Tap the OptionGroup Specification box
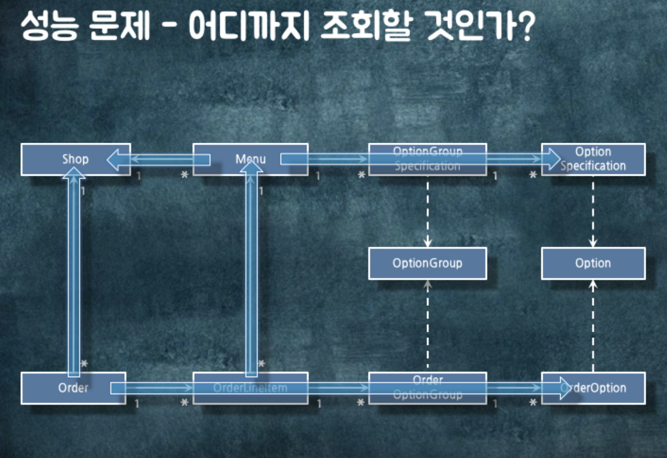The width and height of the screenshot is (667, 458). click(427, 159)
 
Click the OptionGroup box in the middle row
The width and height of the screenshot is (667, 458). click(427, 263)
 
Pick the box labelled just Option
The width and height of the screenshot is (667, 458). click(593, 263)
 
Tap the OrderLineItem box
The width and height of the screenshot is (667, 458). click(250, 388)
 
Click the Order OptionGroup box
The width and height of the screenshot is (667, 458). click(427, 388)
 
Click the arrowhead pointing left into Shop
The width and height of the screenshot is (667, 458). click(114, 159)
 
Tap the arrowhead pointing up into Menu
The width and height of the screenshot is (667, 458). click(251, 166)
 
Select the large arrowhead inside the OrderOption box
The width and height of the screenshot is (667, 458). click(565, 388)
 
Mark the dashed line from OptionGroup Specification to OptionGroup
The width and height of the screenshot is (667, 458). click(427, 212)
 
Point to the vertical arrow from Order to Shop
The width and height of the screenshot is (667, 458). click(74, 276)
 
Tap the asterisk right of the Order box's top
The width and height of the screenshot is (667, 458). click(84, 364)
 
